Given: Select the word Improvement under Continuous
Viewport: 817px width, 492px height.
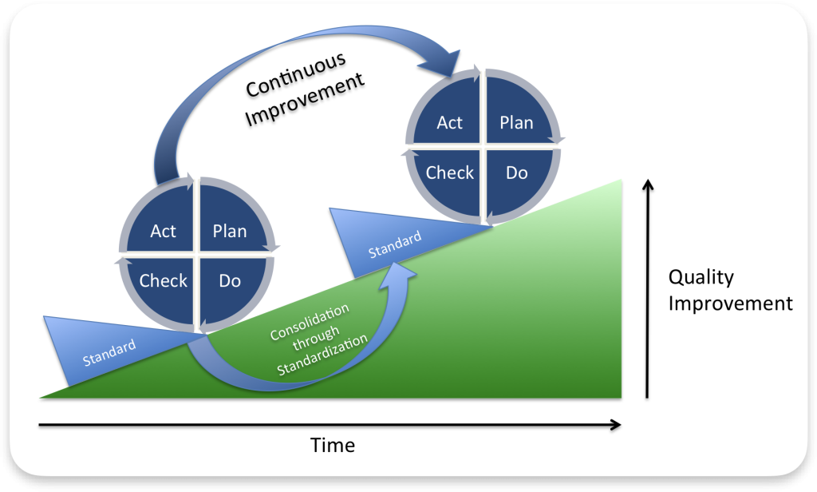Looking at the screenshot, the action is [304, 99].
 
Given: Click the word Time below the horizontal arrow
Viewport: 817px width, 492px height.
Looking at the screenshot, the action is [333, 445].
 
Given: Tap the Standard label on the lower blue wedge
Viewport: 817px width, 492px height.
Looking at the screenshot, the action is [109, 352].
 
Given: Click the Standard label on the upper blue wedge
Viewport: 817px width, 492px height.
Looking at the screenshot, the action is [395, 244].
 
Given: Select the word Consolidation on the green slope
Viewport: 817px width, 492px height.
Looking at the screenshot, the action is [310, 322].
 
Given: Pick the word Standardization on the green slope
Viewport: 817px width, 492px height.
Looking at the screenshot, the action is [322, 355].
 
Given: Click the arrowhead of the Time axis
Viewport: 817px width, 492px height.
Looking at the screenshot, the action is [615, 425].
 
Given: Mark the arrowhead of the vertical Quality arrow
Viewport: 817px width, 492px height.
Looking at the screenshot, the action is [648, 185].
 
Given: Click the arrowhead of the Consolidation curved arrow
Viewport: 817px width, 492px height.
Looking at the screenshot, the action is [399, 273].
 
